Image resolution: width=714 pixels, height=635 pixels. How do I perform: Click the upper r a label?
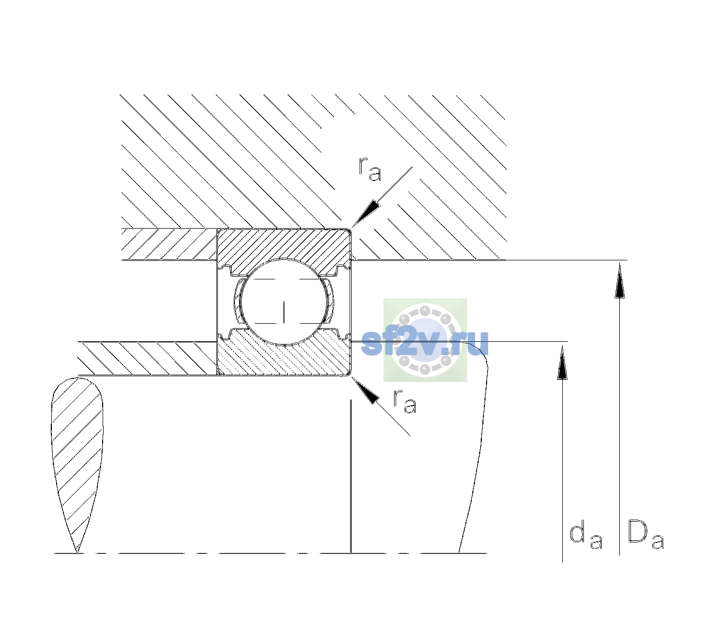(x=370, y=169)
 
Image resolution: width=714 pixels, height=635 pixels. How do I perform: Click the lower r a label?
(x=405, y=401)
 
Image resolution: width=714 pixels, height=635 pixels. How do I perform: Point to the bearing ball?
(x=284, y=302)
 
